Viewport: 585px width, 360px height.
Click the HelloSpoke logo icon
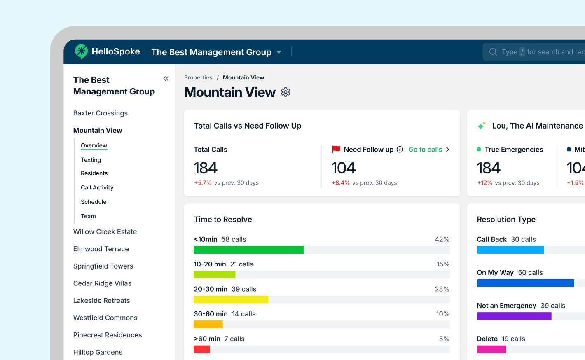(81, 51)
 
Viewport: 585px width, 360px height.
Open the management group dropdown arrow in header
(279, 52)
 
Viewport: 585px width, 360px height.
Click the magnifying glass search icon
(493, 52)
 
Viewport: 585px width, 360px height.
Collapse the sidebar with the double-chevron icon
(166, 79)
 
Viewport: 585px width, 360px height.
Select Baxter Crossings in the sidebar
(101, 113)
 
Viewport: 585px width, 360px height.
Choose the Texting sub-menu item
(91, 160)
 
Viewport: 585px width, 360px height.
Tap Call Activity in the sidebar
(97, 187)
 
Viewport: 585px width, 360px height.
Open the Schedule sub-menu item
(94, 202)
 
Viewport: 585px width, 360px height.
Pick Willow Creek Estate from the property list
(105, 232)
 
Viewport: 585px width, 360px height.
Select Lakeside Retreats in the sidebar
(101, 301)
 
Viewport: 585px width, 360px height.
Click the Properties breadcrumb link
(198, 77)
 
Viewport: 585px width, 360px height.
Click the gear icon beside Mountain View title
(285, 92)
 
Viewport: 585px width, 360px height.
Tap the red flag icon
(336, 149)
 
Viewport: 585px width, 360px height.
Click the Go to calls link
(425, 150)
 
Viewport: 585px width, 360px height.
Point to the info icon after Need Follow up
(400, 150)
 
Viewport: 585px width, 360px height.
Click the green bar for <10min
(248, 250)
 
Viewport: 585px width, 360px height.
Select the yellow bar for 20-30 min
(231, 299)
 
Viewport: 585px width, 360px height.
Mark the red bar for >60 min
(202, 349)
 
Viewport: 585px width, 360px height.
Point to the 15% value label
(443, 264)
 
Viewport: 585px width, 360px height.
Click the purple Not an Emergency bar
(514, 316)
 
